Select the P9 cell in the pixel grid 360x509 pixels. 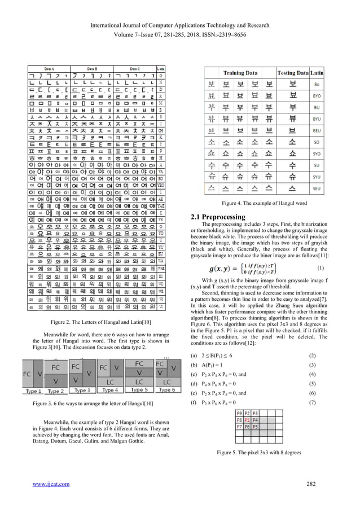(x=239, y=413)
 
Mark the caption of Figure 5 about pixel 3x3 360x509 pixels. (x=264, y=453)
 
